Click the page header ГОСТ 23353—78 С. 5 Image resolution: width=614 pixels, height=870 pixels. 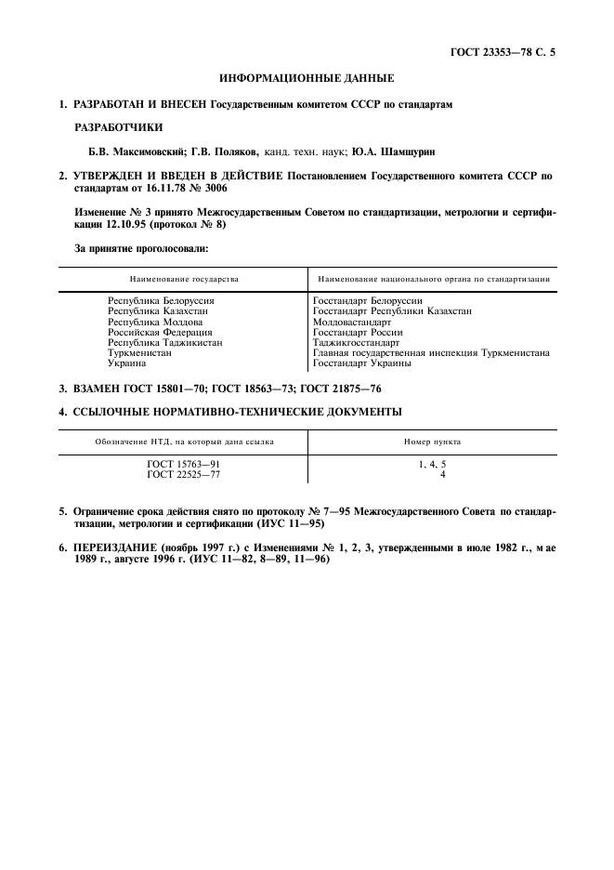click(x=502, y=55)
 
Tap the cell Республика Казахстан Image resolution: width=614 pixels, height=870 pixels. click(x=159, y=311)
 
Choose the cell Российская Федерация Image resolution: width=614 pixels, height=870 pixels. click(x=160, y=332)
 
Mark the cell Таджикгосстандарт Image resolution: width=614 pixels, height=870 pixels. click(x=358, y=342)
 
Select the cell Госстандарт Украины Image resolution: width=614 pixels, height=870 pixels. click(x=362, y=363)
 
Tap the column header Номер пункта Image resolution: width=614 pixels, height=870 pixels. click(x=432, y=442)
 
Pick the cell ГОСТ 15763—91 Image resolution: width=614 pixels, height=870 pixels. click(x=183, y=464)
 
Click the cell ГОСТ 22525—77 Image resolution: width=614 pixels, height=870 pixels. click(x=183, y=474)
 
